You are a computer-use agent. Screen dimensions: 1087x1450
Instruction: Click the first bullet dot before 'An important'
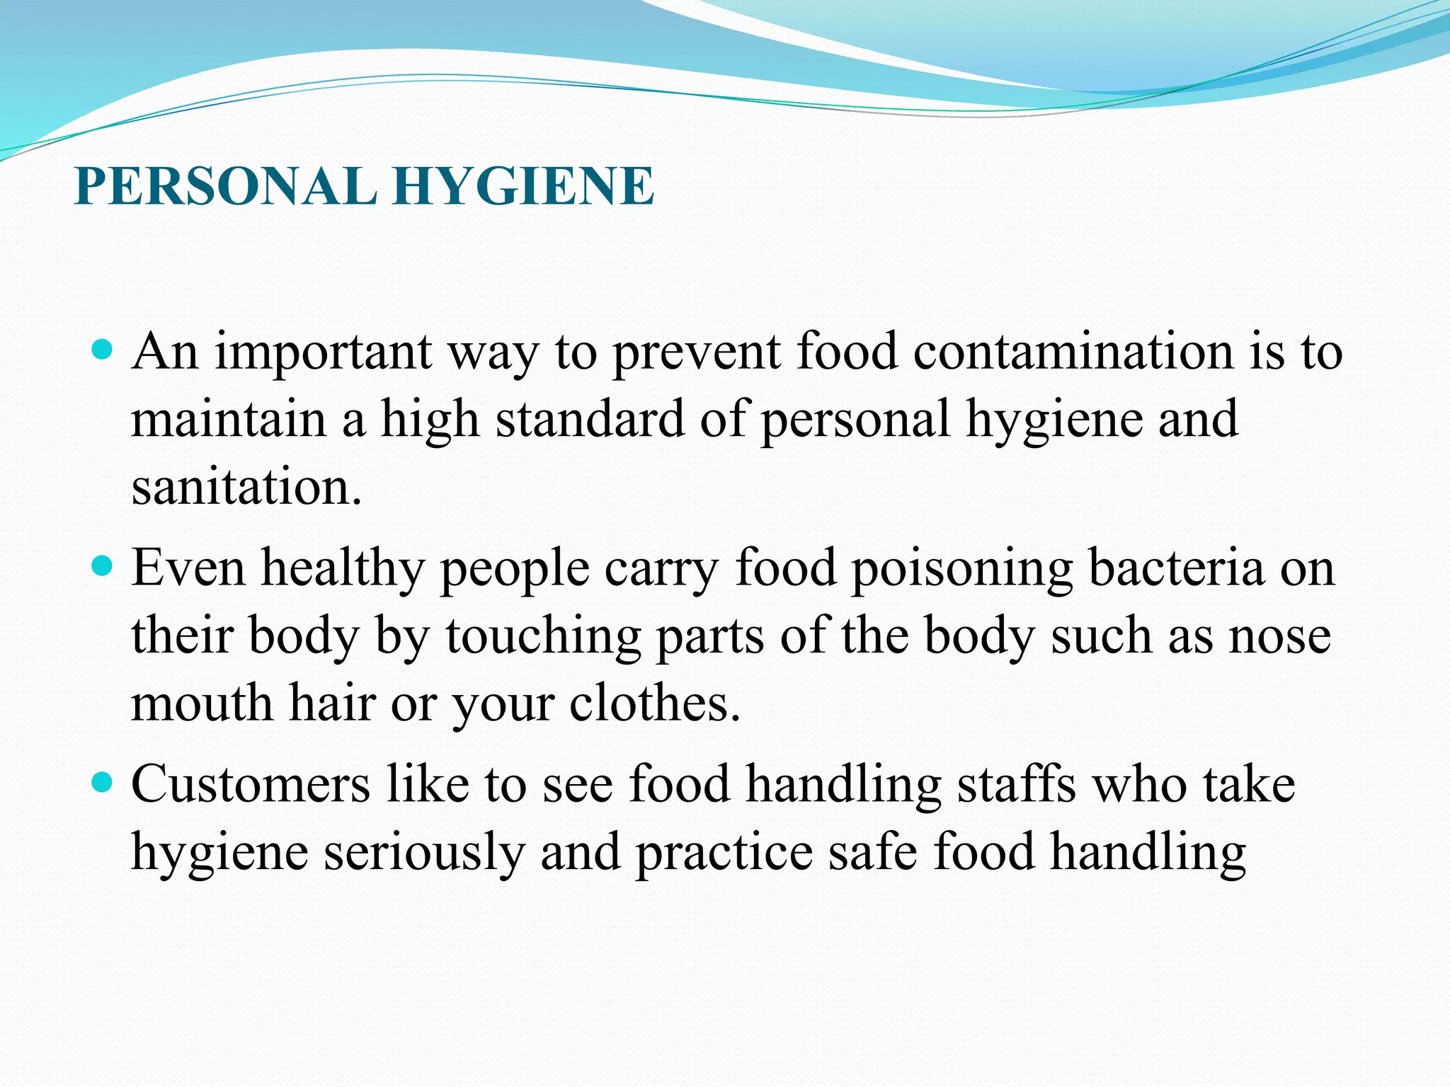tap(103, 350)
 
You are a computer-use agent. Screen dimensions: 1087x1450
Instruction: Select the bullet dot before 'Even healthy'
tap(103, 566)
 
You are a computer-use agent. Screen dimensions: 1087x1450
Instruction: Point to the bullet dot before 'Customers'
tap(103, 783)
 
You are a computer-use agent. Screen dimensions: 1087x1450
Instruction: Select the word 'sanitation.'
tap(246, 488)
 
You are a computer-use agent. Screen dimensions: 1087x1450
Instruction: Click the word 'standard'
tap(590, 419)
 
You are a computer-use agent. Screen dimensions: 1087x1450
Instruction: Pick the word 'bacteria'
tap(1176, 568)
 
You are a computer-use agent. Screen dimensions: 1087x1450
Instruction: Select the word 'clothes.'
tap(655, 703)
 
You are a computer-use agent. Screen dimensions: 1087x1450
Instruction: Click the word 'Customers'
tap(251, 784)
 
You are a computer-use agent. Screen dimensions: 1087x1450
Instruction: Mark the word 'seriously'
tap(424, 853)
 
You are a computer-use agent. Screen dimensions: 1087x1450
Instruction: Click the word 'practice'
tap(724, 853)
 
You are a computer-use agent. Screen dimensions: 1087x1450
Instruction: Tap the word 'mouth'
tap(202, 703)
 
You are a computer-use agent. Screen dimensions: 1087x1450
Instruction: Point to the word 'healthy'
tap(342, 569)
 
